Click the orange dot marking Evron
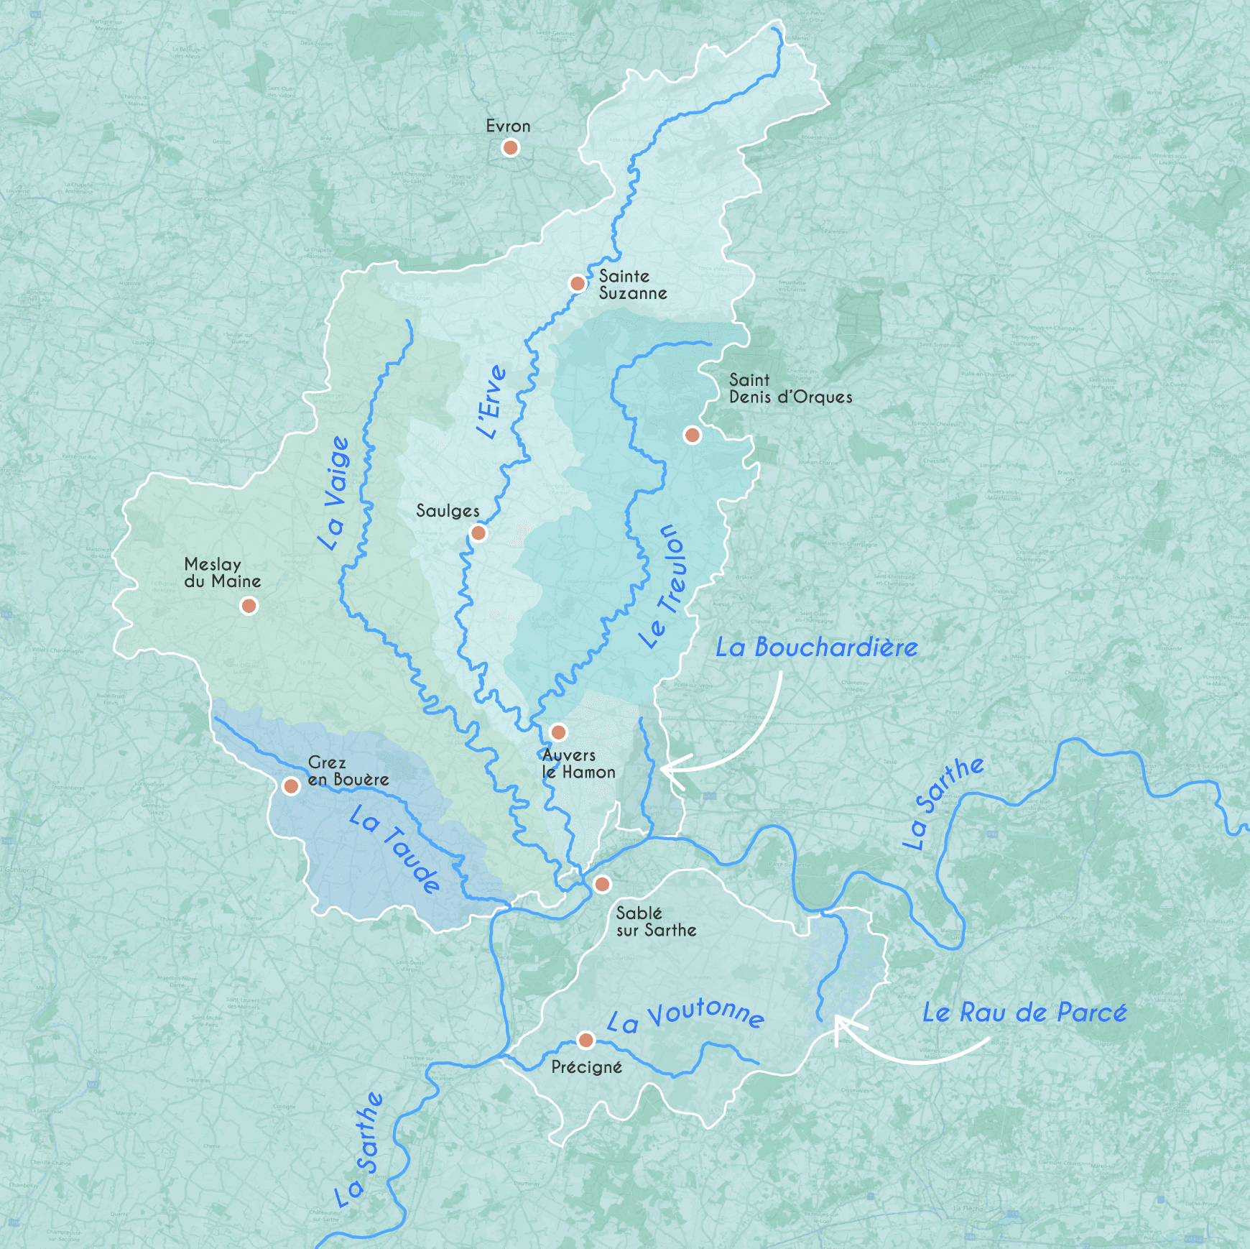coord(510,148)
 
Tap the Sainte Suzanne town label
coord(632,285)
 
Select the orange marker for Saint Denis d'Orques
coord(692,435)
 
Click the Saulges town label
coord(448,511)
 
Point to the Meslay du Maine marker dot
coord(249,606)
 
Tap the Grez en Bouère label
coord(348,771)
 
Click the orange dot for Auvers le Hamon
coord(558,732)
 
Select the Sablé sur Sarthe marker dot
coord(602,884)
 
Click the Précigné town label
coord(586,1067)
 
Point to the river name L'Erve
coord(492,402)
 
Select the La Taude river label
coord(394,849)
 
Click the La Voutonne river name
coord(685,1015)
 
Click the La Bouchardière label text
coord(816,647)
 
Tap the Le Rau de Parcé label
coord(1024,1013)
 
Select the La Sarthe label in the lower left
coord(359,1150)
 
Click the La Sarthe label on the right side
coord(942,803)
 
